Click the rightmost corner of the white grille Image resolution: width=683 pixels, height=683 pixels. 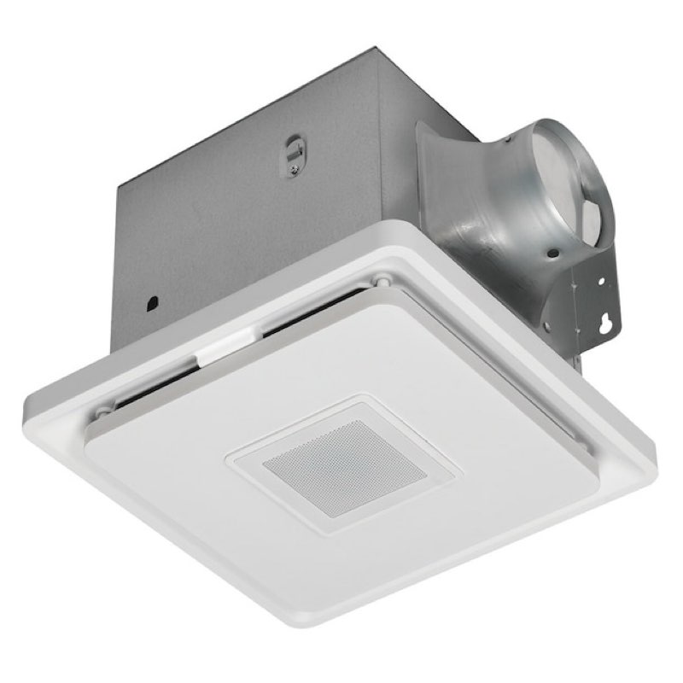(656, 444)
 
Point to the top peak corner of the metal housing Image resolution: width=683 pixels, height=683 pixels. (376, 50)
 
